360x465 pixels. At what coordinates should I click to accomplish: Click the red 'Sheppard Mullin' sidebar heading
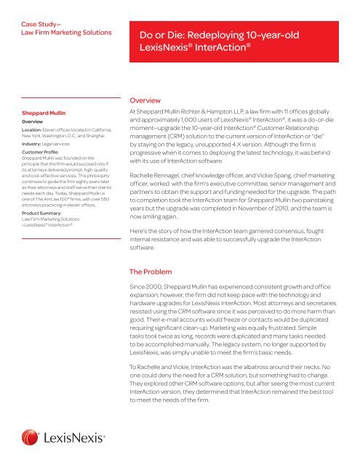point(45,114)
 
